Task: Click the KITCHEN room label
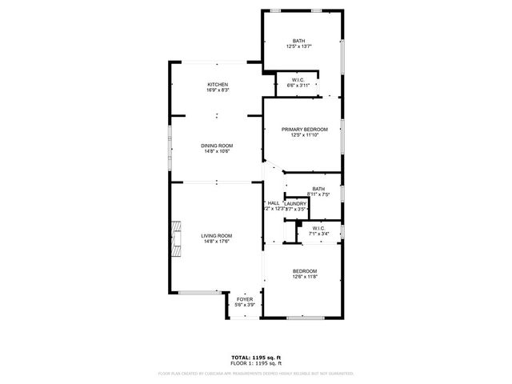coord(218,85)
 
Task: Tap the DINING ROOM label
coord(216,146)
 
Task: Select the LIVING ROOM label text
coord(216,236)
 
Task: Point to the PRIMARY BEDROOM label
coord(304,130)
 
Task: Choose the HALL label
coord(273,203)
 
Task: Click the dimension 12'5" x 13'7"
coord(298,47)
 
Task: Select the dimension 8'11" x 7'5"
coord(318,194)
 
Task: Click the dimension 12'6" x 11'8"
coord(304,277)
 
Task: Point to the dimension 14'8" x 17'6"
coord(216,242)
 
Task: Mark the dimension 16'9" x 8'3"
coord(218,91)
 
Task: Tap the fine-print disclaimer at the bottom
coord(255,373)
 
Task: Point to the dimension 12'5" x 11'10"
coord(304,135)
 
